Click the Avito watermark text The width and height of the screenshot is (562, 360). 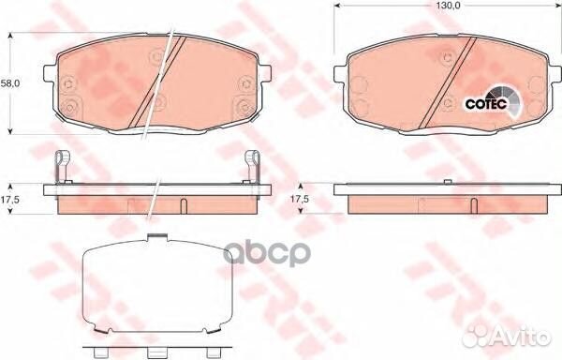(525, 338)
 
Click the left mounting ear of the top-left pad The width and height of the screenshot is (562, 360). (52, 85)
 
